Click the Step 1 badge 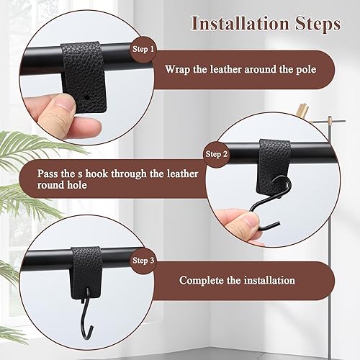click(x=143, y=49)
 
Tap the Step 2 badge click(x=216, y=154)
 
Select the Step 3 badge click(x=143, y=261)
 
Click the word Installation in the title click(x=240, y=24)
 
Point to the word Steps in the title click(x=318, y=24)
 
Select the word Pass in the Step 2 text click(x=47, y=174)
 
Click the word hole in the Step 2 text click(x=76, y=185)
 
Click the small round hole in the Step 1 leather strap click(x=86, y=98)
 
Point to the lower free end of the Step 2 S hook click(x=279, y=224)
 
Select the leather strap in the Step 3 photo click(x=86, y=272)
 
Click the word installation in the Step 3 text click(x=269, y=280)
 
